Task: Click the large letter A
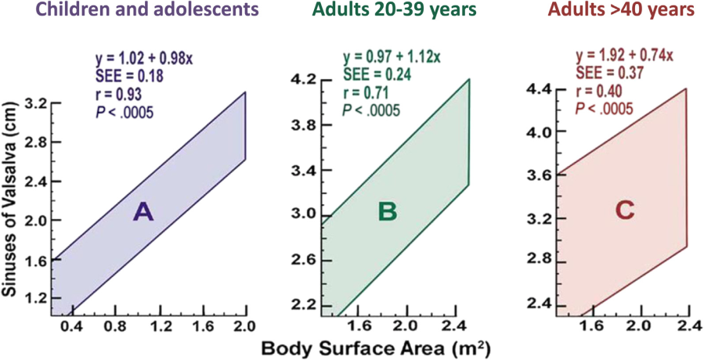[143, 211]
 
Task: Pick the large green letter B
[388, 211]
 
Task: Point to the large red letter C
[624, 212]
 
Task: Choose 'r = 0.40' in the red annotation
[596, 91]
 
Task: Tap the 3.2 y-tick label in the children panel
[35, 103]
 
